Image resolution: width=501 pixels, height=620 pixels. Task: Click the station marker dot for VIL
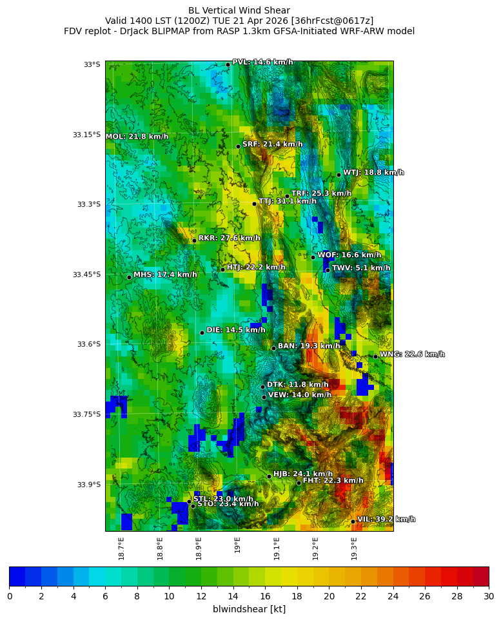(x=353, y=521)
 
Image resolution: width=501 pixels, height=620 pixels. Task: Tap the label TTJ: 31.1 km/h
(x=288, y=202)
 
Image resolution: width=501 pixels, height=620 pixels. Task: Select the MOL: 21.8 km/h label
(x=137, y=137)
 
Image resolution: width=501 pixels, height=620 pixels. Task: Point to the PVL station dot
(x=228, y=64)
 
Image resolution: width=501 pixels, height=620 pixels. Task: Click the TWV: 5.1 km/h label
(x=360, y=268)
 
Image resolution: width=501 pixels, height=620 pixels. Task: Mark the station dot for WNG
(x=375, y=356)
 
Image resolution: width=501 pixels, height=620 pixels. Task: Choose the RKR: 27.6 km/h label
(x=229, y=238)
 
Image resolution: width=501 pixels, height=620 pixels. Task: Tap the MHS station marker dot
(x=129, y=277)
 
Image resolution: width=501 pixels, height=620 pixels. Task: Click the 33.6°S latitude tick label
(x=88, y=344)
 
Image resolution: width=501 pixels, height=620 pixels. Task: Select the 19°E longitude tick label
(x=238, y=545)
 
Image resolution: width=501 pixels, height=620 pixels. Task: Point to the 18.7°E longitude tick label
(x=121, y=547)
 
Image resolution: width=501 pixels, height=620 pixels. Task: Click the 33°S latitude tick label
(x=92, y=64)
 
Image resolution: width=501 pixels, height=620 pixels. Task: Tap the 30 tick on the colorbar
(x=488, y=596)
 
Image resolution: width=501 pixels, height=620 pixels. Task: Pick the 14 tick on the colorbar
(x=233, y=596)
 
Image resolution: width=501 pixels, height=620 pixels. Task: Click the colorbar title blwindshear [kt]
(x=249, y=609)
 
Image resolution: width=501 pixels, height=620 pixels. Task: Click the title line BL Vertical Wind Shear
(x=239, y=10)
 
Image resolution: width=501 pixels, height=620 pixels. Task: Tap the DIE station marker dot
(x=202, y=333)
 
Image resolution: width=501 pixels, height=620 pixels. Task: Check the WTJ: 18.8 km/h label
(x=373, y=173)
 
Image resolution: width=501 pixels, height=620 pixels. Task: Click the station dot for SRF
(x=238, y=146)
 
